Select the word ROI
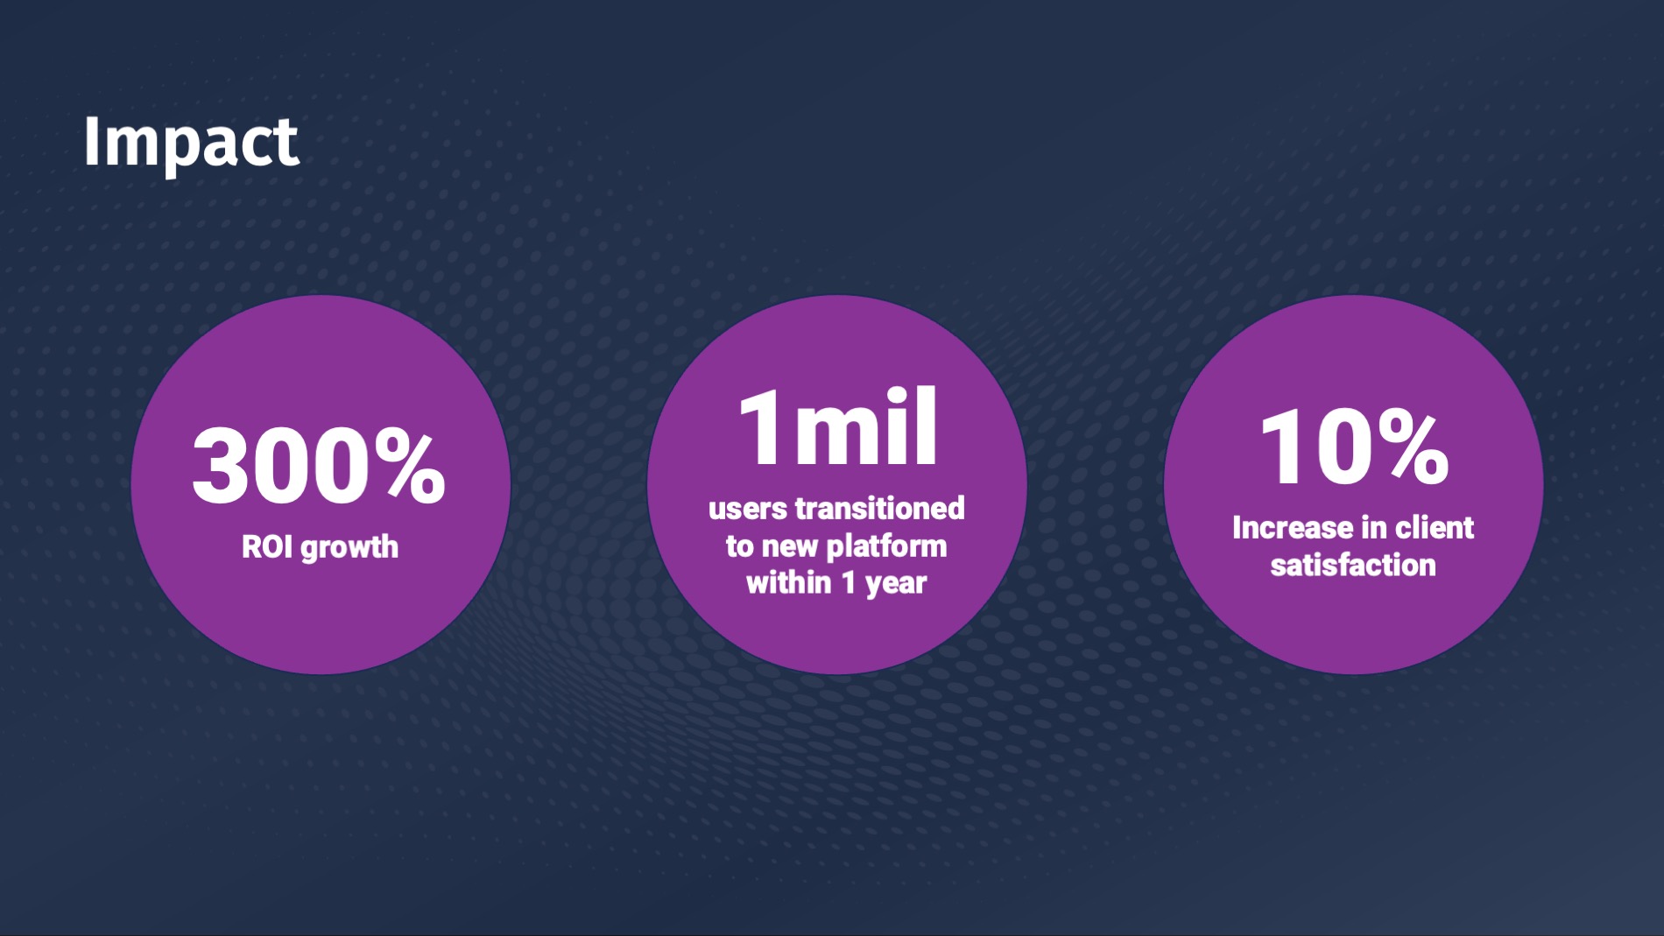pos(267,547)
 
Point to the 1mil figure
pos(838,427)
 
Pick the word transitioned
pos(879,508)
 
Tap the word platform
pos(886,547)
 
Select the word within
pos(788,582)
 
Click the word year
pos(896,585)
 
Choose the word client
pos(1435,528)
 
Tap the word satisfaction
pos(1353,566)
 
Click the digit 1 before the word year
pos(848,582)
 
